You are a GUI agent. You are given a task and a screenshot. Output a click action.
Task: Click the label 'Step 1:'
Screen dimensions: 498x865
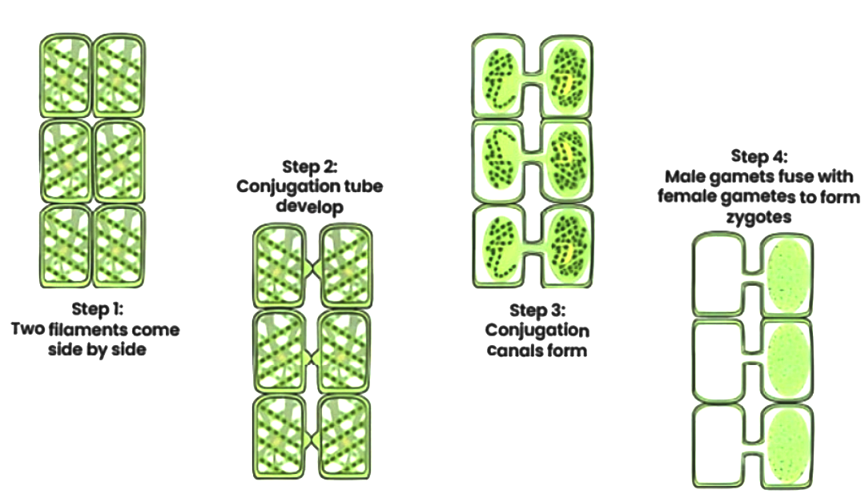tap(95, 309)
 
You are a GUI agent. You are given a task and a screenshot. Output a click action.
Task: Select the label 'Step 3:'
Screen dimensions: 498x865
tap(537, 310)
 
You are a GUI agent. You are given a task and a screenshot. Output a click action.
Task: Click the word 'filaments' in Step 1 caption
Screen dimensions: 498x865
tap(95, 329)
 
